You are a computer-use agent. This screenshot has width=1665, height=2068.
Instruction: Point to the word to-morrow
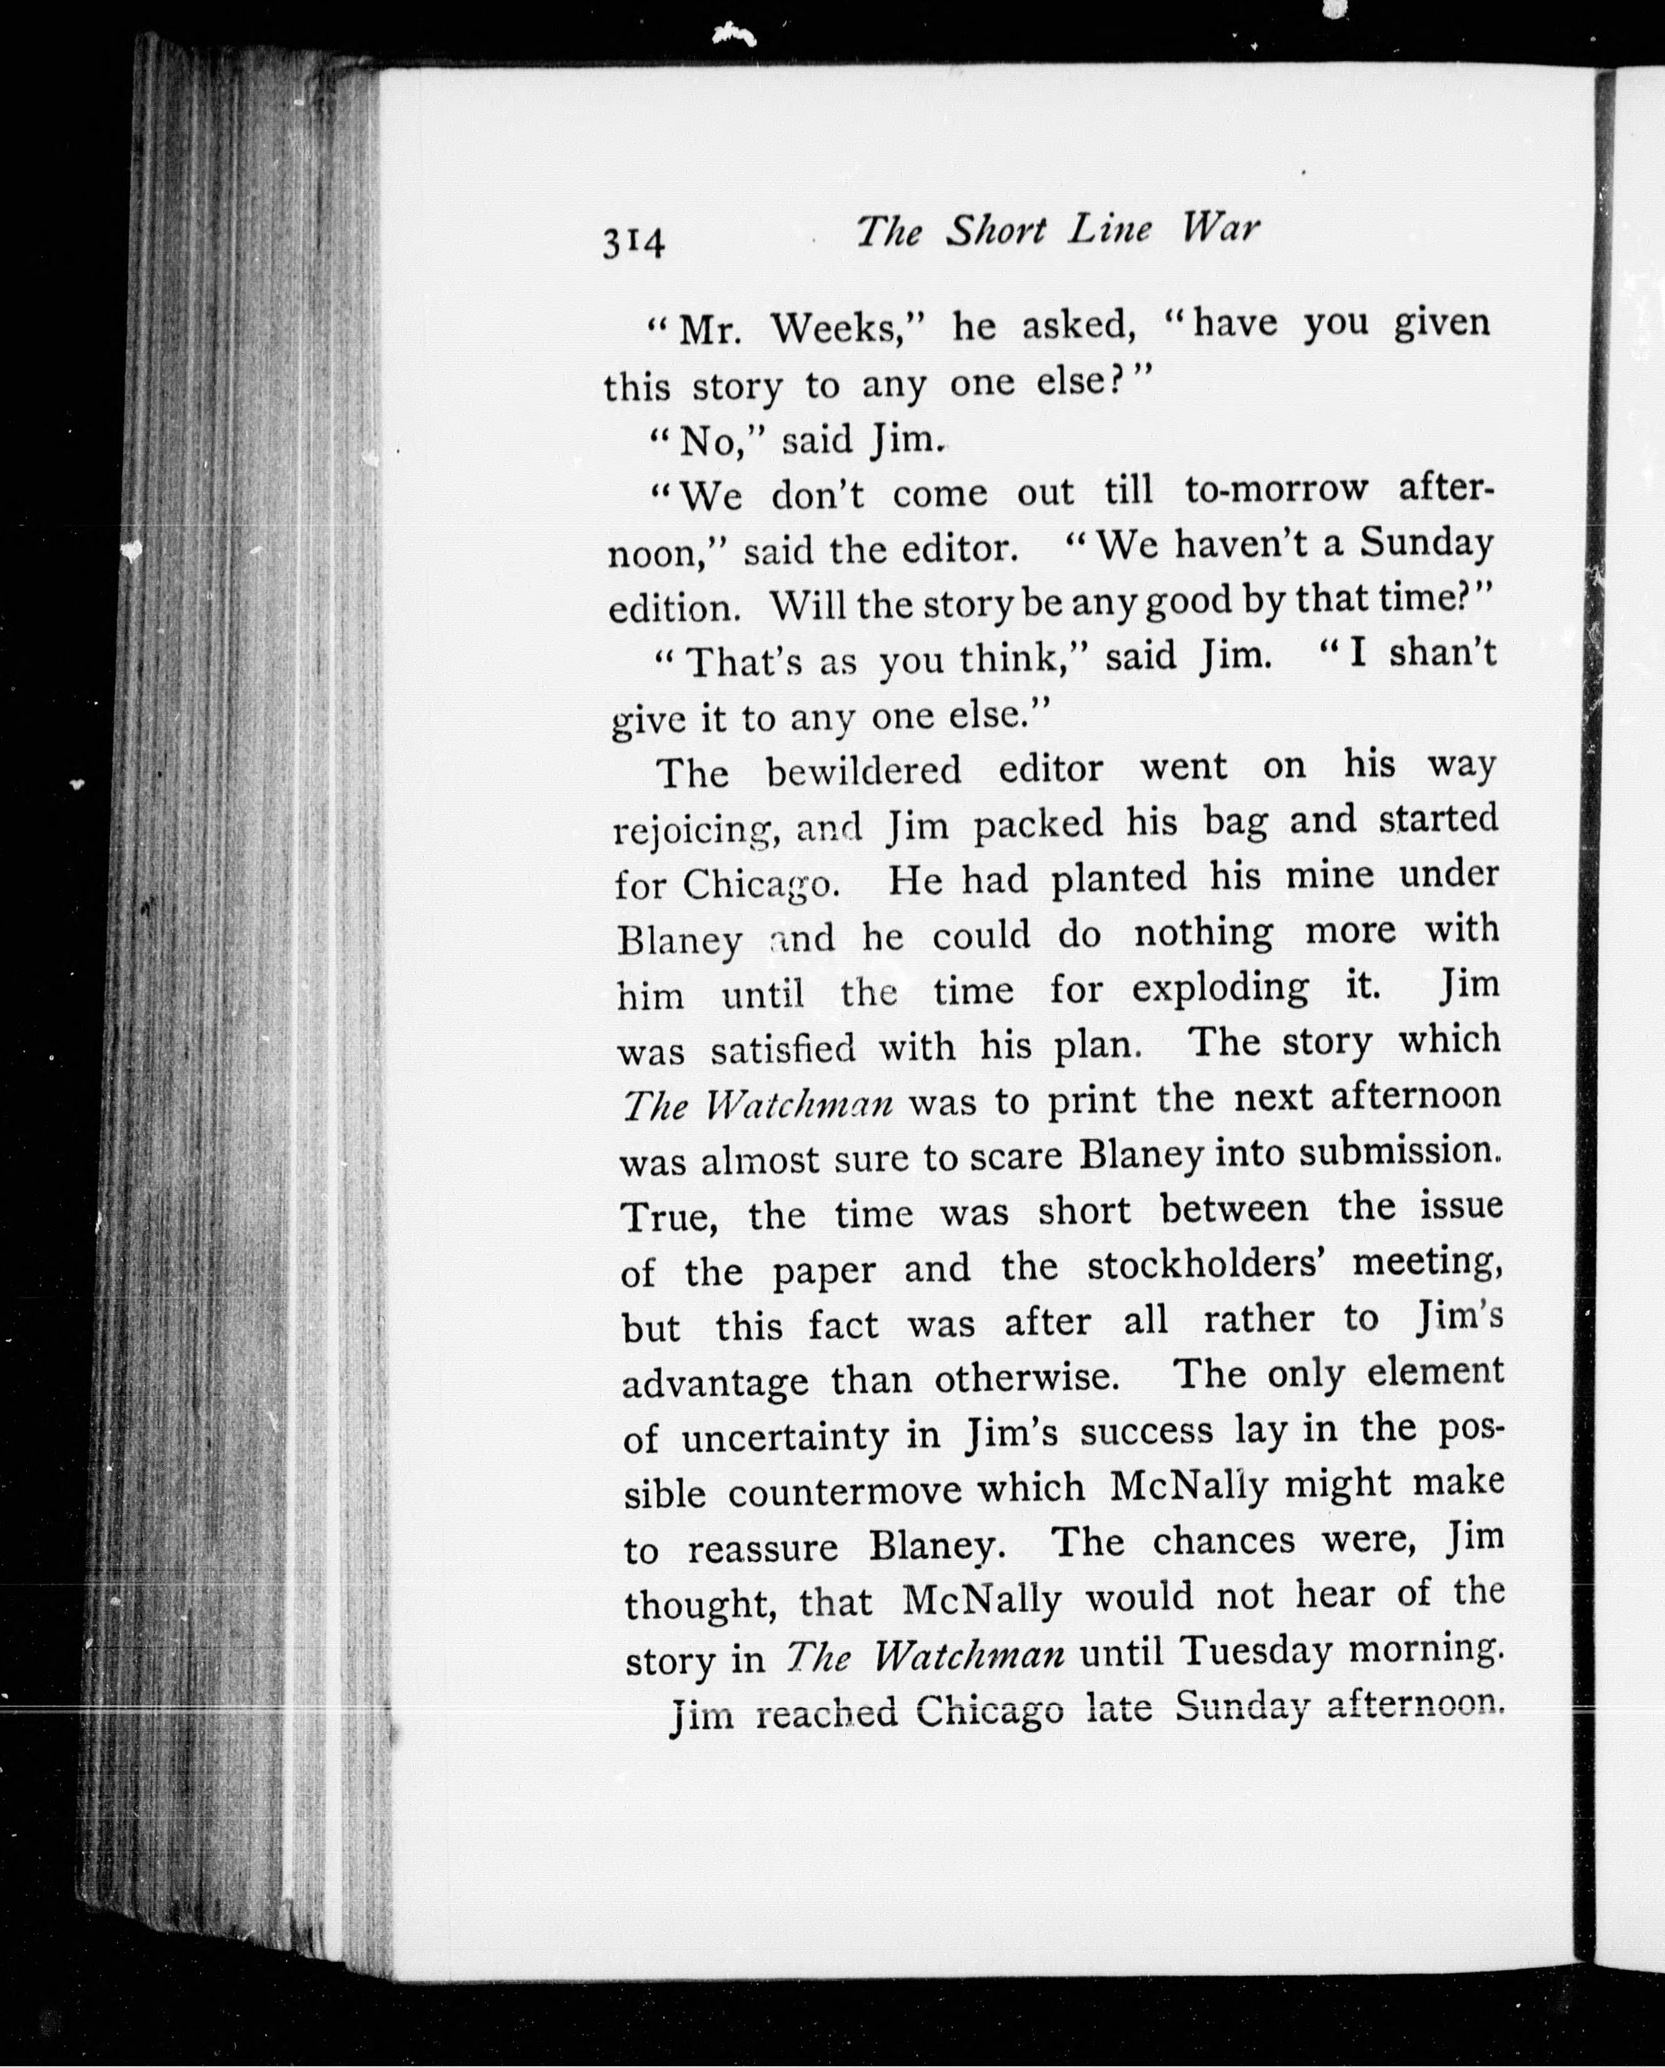(x=1276, y=489)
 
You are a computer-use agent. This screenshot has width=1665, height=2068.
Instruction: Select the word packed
(x=1038, y=823)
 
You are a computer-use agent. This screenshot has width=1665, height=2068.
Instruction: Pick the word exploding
(x=1220, y=988)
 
